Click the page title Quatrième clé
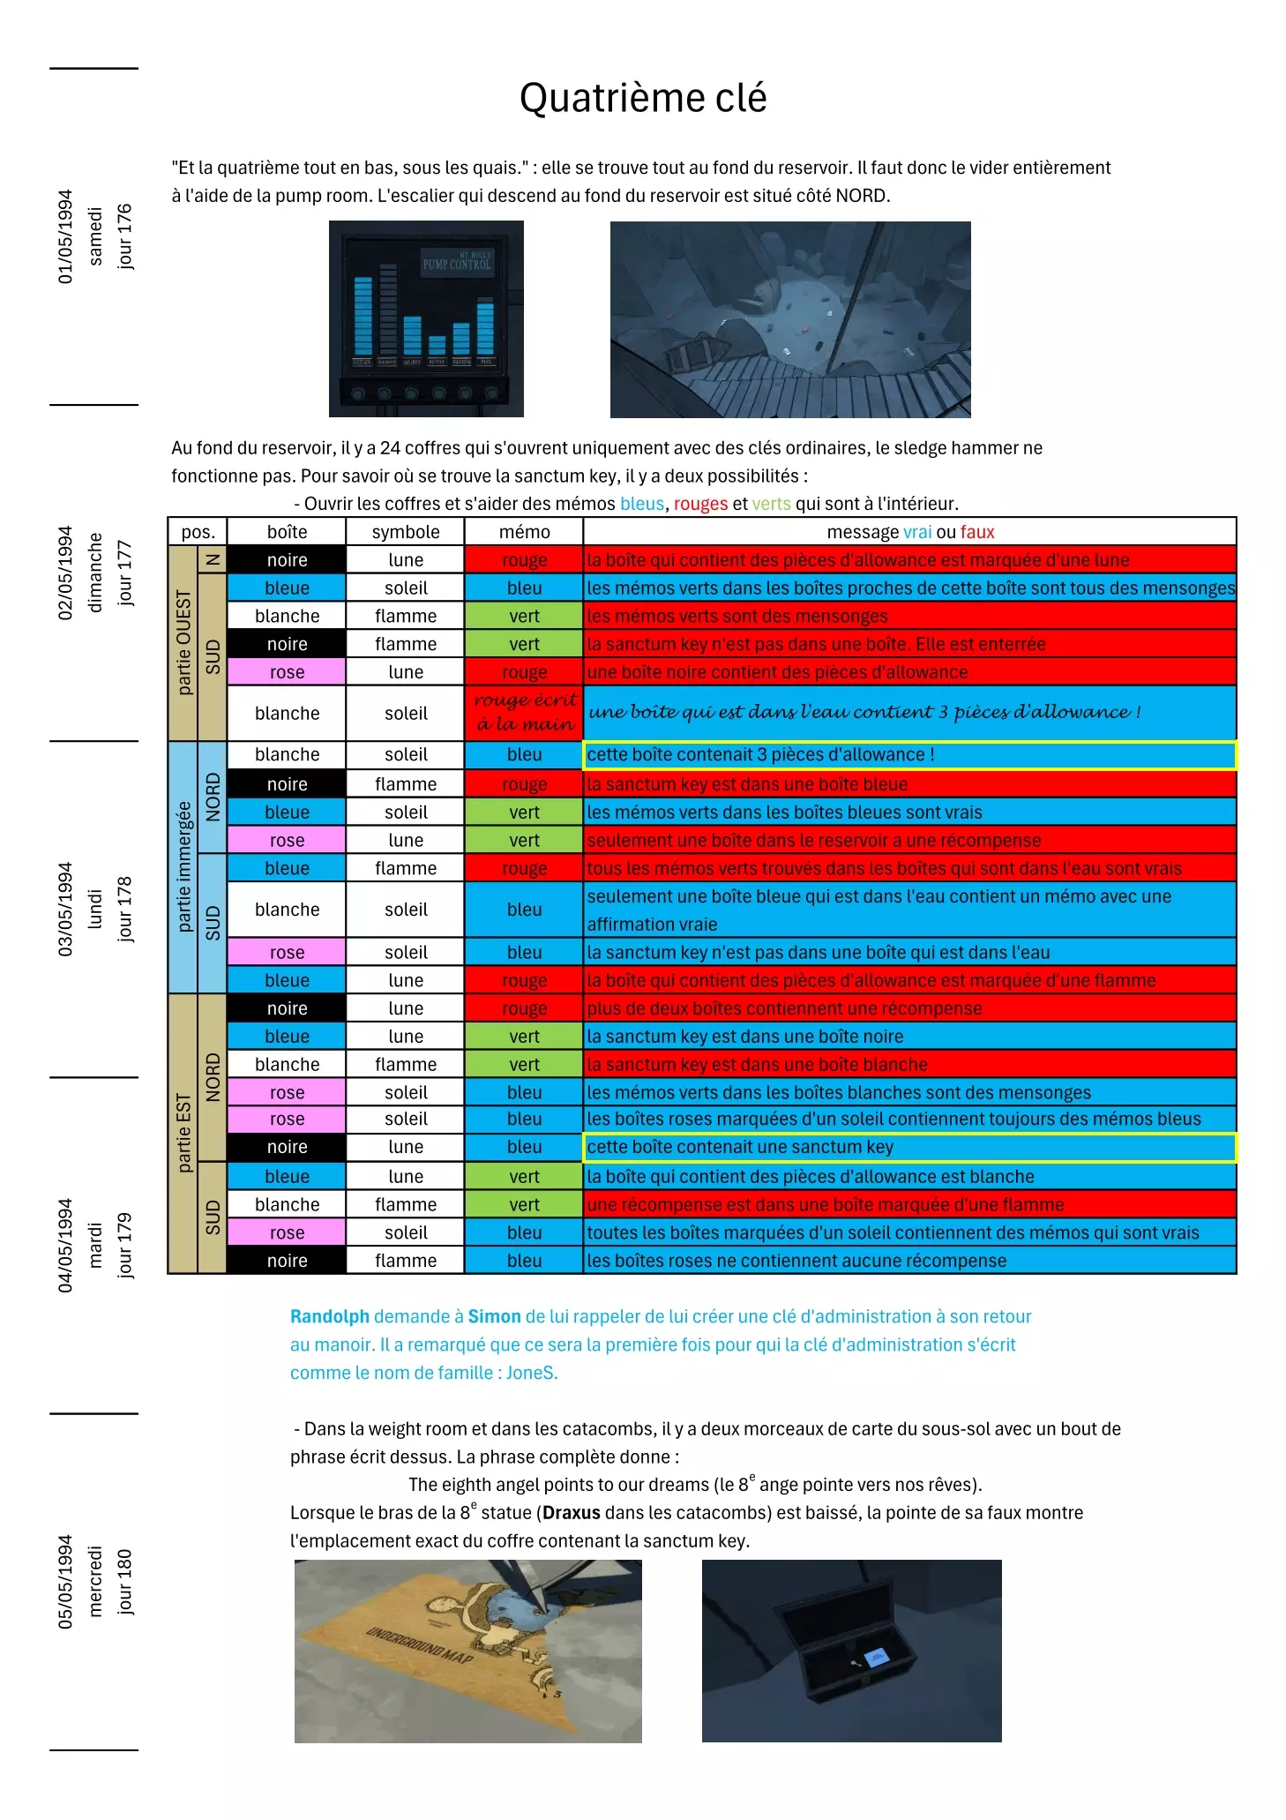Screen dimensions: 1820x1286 point(642,98)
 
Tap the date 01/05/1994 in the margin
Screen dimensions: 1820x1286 point(65,236)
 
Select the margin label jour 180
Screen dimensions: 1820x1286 point(124,1582)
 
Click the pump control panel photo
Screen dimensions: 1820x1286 point(426,318)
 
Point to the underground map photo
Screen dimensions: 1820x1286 point(467,1651)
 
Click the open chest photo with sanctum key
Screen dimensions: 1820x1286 point(851,1650)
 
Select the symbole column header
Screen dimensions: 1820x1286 point(406,532)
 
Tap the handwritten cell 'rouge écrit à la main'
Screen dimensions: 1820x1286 point(524,713)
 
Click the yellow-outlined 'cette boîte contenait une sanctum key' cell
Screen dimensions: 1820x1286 point(909,1147)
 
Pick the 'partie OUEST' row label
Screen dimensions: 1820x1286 point(183,642)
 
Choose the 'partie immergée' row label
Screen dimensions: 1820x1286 point(183,867)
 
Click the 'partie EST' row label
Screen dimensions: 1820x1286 point(183,1133)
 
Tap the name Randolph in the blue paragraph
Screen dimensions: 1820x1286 point(330,1316)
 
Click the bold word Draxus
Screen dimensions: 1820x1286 point(572,1512)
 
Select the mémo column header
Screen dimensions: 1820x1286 point(524,532)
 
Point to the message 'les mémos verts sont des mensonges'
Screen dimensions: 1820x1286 point(737,616)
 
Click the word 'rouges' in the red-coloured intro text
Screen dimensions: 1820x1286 point(700,504)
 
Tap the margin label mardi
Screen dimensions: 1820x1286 point(95,1245)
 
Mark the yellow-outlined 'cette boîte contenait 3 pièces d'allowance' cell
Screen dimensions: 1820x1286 point(909,755)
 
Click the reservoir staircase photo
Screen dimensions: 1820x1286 point(790,318)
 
